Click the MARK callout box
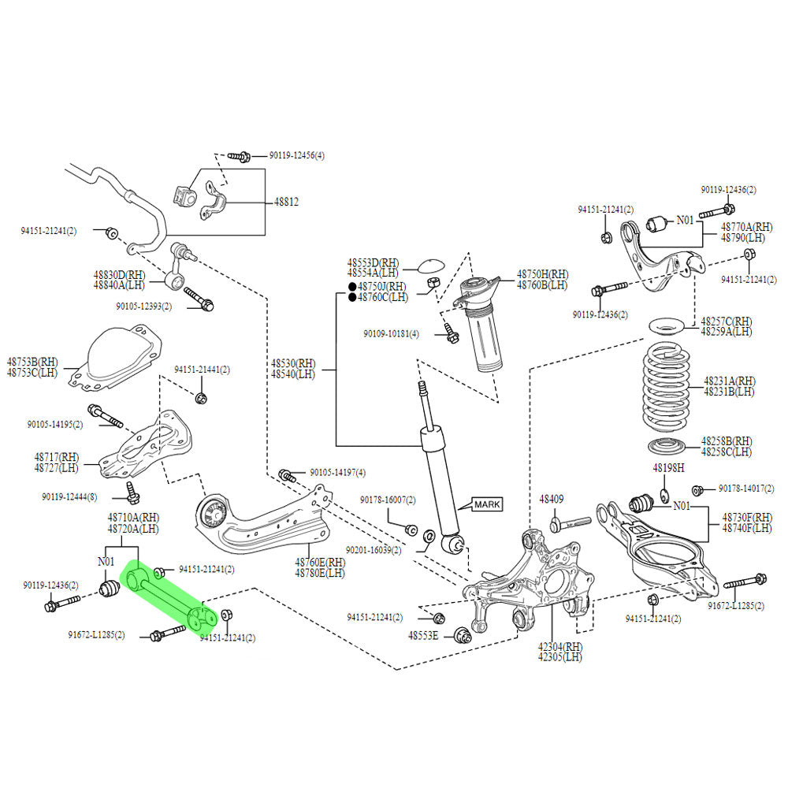point(486,504)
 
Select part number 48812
point(286,202)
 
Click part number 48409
point(552,499)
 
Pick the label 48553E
point(423,635)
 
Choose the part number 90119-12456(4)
point(296,156)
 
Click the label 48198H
point(667,468)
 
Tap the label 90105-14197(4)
point(337,473)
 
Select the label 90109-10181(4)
point(391,334)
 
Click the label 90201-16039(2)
point(374,550)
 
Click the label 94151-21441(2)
point(202,370)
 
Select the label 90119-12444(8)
point(70,497)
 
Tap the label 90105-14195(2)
point(54,424)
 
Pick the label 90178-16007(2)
point(388,500)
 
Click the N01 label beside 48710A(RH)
point(106,562)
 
